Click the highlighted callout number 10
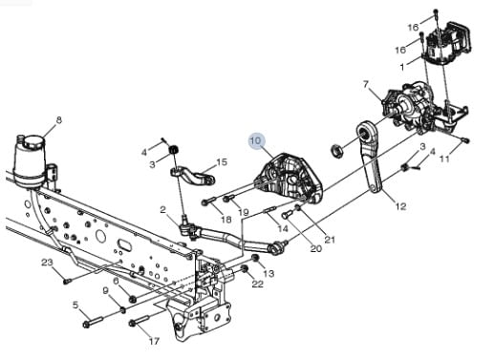pos(256,140)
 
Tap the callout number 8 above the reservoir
pos(59,120)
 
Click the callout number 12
pos(400,206)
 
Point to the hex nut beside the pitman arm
pos(336,150)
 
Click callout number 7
pos(366,84)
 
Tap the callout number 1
pos(402,67)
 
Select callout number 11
pos(444,159)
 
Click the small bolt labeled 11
pos(465,139)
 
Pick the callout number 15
pos(222,162)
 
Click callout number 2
pos(163,210)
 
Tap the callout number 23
pos(47,263)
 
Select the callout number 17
pos(154,342)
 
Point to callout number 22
pos(258,284)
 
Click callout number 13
pos(268,273)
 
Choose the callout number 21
pos(330,239)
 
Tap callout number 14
pos(283,228)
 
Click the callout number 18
pos(226,220)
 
